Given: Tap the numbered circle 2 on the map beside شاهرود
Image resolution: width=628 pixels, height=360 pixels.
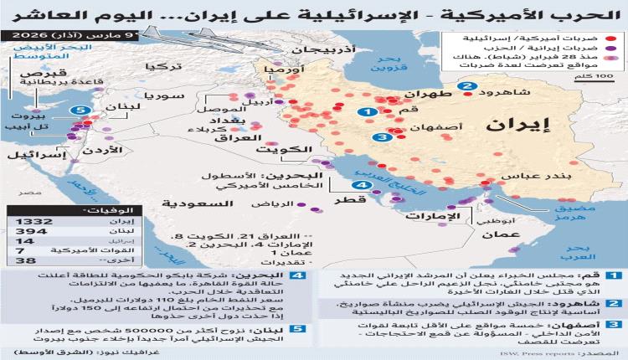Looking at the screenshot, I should pyautogui.click(x=466, y=86).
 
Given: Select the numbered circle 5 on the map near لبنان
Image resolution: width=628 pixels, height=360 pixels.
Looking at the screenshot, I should pyautogui.click(x=80, y=111).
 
